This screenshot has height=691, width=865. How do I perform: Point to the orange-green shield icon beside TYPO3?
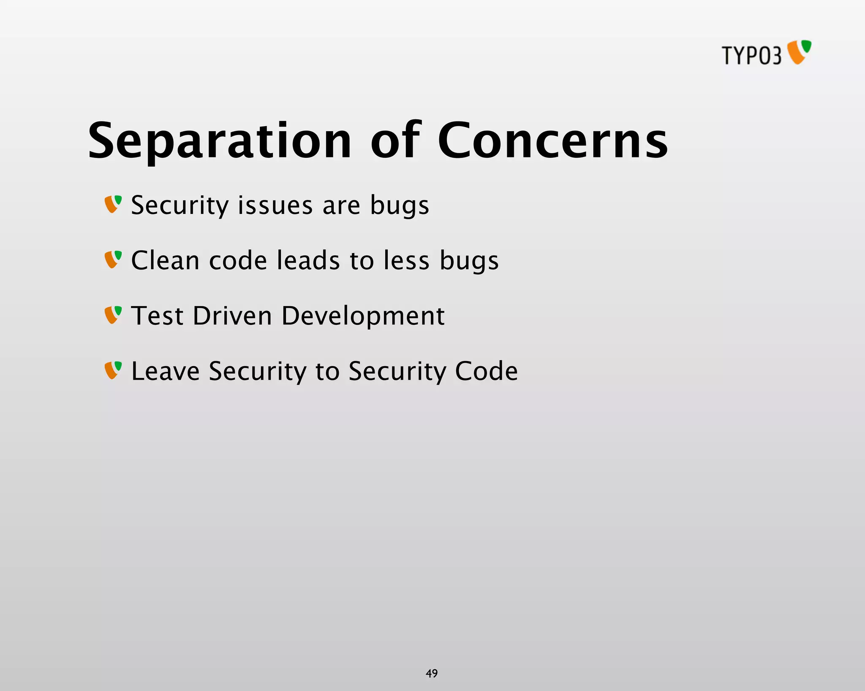pos(799,52)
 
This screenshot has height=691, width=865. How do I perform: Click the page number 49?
pos(432,673)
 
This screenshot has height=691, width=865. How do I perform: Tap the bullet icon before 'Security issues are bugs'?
pos(113,204)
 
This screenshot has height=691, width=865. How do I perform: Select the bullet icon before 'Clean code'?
pos(113,259)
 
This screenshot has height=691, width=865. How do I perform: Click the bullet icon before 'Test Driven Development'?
pos(113,315)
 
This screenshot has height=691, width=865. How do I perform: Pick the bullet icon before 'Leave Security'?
pos(113,370)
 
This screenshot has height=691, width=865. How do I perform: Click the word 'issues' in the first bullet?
pos(275,205)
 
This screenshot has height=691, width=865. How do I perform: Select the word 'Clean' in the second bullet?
pos(165,260)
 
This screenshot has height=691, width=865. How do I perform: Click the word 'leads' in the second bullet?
pos(308,260)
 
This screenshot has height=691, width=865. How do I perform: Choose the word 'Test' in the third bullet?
pos(157,316)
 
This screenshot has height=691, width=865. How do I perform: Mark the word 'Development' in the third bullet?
pos(363,316)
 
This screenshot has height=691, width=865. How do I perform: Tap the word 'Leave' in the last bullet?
pos(166,371)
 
